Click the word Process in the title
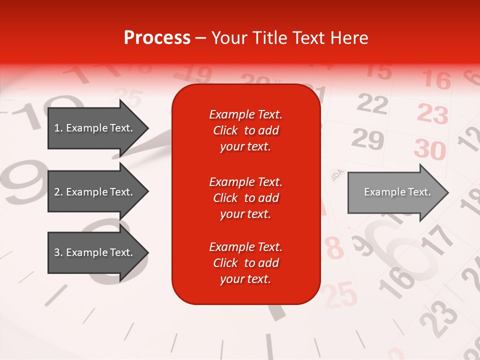coord(157,38)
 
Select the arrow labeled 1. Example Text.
coord(97,128)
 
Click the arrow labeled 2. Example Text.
coord(97,192)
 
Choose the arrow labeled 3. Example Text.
coord(97,252)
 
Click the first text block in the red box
coord(245,130)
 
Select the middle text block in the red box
coord(245,198)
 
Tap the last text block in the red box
coord(245,263)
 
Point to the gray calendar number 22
coord(372,104)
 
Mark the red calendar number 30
coord(430,149)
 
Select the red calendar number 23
coord(432,113)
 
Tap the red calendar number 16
coord(436,79)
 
